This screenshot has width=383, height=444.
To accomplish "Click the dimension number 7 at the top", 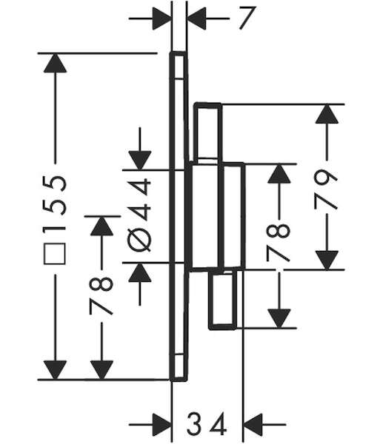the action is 247,18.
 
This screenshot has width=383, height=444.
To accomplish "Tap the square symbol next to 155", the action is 55,254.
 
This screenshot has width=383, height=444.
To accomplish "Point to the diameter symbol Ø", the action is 139,240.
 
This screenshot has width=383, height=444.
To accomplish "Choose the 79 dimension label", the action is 326,189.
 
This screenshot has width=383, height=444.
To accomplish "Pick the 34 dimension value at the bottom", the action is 207,424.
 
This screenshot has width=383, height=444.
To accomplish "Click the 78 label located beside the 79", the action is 279,242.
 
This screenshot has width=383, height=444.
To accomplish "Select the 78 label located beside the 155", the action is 101,296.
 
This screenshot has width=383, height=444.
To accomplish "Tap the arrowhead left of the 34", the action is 162,425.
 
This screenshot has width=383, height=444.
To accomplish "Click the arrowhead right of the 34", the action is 253,425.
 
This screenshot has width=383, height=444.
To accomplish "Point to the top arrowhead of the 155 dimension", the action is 55,63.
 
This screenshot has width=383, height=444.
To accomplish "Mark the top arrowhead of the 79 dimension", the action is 327,114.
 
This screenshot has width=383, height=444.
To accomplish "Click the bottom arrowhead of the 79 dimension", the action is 327,260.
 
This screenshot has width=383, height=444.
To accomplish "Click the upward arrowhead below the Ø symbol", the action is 139,272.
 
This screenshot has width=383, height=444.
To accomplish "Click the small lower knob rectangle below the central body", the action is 222,300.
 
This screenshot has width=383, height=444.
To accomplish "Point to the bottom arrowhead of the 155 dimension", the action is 55,370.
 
